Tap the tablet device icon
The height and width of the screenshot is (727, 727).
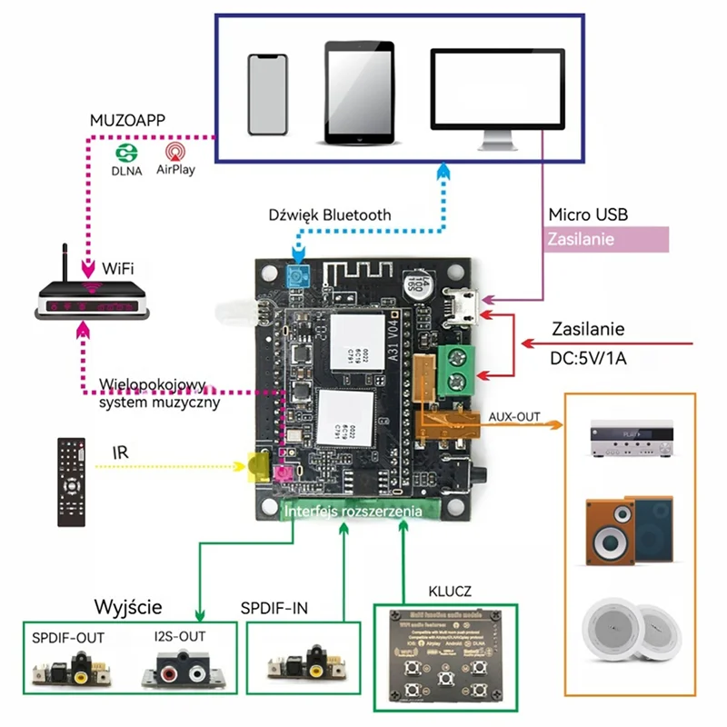pyautogui.click(x=361, y=93)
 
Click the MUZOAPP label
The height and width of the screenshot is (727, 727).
pyautogui.click(x=128, y=120)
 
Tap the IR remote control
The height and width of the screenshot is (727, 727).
pyautogui.click(x=72, y=482)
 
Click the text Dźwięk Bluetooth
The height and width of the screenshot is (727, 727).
pyautogui.click(x=330, y=215)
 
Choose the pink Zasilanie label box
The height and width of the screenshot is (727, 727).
pyautogui.click(x=606, y=240)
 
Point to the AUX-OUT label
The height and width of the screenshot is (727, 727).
pyautogui.click(x=514, y=416)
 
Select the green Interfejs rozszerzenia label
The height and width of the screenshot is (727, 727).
pyautogui.click(x=353, y=512)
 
